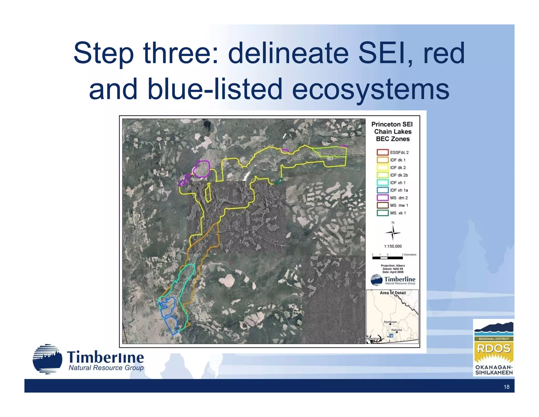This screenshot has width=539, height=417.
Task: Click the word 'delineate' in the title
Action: (288, 54)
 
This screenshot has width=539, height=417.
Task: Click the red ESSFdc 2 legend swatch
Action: (382, 152)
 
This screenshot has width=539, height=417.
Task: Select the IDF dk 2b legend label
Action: (399, 175)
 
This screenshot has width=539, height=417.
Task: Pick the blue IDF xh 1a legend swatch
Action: (382, 190)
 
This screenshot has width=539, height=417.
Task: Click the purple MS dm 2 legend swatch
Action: (382, 198)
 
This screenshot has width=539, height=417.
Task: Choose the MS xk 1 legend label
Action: (398, 213)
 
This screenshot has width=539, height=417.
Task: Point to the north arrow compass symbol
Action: (393, 232)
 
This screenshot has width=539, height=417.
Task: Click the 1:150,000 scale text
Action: (393, 246)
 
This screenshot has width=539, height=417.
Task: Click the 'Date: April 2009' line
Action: (393, 272)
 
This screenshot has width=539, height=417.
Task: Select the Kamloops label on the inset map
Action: (390, 322)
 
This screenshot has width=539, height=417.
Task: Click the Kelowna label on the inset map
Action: (396, 330)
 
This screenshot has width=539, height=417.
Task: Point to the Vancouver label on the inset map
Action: (373, 338)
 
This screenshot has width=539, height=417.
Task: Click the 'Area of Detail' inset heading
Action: (393, 293)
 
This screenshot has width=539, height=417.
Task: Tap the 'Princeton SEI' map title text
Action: (392, 124)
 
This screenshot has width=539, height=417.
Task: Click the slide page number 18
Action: (506, 387)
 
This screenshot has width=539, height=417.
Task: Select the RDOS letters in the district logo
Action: (493, 348)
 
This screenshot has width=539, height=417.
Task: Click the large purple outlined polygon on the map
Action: (202, 169)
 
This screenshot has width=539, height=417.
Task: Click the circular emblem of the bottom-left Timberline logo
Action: (48, 359)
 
